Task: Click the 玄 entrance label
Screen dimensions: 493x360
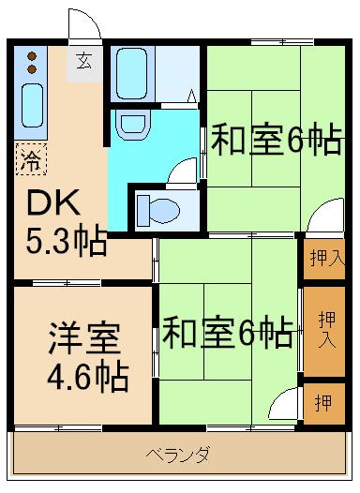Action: (84, 64)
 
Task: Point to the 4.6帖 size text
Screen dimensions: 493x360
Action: (88, 380)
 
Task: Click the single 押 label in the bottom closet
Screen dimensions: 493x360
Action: (322, 403)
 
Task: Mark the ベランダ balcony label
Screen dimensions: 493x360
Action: (177, 456)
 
